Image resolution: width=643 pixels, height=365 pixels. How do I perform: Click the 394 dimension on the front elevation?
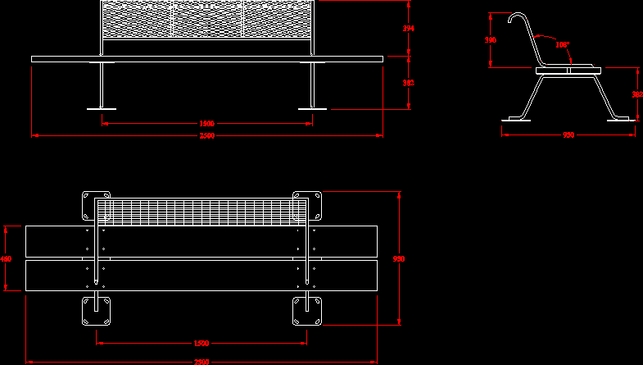[x=409, y=29]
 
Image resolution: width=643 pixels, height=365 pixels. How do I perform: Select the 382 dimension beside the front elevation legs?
[x=409, y=83]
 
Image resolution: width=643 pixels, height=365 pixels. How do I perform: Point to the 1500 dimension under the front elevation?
[x=207, y=124]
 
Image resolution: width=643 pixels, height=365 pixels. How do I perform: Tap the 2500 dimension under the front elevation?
[x=207, y=136]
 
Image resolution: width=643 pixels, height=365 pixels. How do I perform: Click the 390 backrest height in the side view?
[x=491, y=39]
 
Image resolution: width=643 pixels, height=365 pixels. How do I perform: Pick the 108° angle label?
[x=563, y=45]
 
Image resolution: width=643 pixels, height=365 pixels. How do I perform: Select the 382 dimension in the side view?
[x=636, y=94]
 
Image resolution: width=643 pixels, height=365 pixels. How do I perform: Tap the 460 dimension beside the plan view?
[x=6, y=259]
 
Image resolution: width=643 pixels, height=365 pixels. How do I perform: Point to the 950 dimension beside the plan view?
[x=399, y=259]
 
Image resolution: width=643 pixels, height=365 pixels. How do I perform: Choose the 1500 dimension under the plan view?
[x=202, y=343]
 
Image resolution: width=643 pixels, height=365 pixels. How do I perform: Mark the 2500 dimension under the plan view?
[x=202, y=361]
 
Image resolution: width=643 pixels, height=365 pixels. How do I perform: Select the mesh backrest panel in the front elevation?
[x=206, y=21]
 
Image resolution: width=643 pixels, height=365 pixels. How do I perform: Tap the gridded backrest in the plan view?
[x=201, y=212]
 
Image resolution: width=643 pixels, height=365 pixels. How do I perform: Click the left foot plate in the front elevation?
[x=102, y=108]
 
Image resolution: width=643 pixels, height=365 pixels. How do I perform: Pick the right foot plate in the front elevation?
[x=312, y=108]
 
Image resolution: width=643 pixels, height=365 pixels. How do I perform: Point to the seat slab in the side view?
[x=567, y=70]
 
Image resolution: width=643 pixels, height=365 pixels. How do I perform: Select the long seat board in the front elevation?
[x=207, y=59]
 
